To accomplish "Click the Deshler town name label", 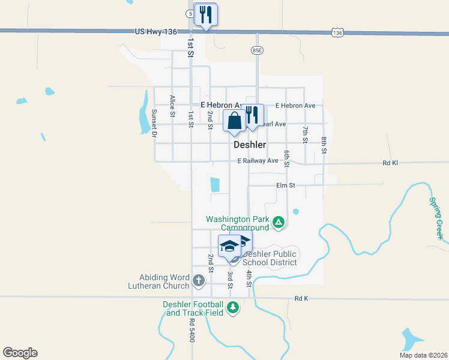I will [x=250, y=145].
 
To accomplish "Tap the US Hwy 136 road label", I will [x=156, y=31].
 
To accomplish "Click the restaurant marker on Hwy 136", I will [x=206, y=15].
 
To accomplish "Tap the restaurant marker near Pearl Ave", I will [x=252, y=115].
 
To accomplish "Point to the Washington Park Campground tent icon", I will [x=278, y=223].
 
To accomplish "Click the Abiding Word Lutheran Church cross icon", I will [x=199, y=280].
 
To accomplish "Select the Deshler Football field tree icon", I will [x=232, y=308].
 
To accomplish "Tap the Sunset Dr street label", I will [x=154, y=124].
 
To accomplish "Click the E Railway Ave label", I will [x=258, y=161].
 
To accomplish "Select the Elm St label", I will [x=286, y=185].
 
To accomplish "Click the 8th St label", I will [x=324, y=145].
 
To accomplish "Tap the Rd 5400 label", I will [x=192, y=330].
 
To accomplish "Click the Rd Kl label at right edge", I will [x=390, y=163].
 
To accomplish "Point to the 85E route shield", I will [x=257, y=50].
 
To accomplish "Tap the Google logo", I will [x=20, y=353].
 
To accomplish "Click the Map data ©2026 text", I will [x=423, y=355].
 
